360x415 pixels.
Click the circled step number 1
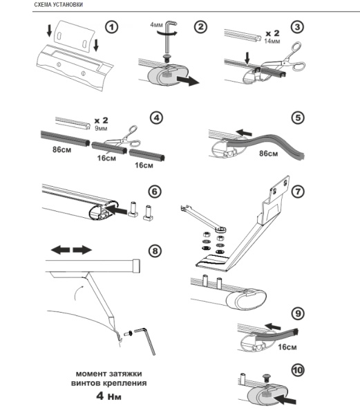point(111,27)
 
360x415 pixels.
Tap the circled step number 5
point(298,118)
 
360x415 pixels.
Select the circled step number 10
point(298,370)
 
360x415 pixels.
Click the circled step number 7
point(298,192)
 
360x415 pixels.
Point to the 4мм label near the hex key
point(156,25)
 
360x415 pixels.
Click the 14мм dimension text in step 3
point(272,41)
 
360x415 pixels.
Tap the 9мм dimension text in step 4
point(101,129)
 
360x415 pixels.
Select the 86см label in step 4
point(62,149)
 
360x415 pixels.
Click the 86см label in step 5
point(269,154)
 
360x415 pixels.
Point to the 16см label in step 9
point(287,347)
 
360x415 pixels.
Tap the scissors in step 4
point(124,138)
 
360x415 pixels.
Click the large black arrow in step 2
point(188,80)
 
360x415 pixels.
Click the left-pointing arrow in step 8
point(60,250)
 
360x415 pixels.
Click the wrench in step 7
point(204,218)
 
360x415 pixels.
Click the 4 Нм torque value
point(108,396)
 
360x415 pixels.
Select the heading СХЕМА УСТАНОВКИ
point(59,5)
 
